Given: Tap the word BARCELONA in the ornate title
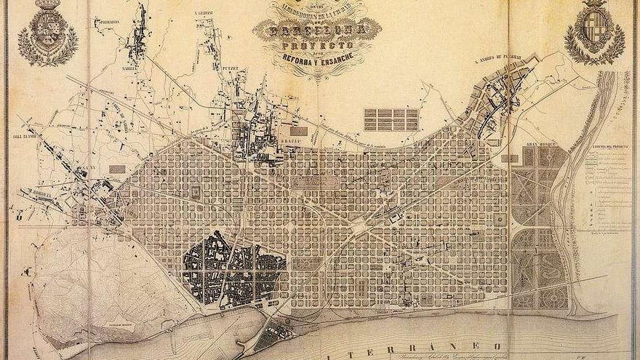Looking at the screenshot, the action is point(316,31).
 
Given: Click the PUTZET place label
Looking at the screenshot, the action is point(231,70).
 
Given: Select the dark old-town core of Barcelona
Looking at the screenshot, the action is point(233,270).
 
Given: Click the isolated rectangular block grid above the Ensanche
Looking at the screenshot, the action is point(391,119).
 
